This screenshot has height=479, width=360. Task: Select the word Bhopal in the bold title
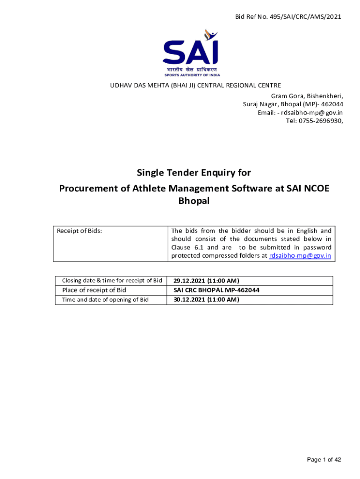194,201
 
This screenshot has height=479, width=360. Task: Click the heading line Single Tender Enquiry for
194,173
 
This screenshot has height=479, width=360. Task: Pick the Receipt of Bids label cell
79,231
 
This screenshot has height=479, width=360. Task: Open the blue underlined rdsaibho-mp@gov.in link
300,256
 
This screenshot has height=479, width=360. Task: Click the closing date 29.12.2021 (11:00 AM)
206,281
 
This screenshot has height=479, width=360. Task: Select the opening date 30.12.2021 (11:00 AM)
206,299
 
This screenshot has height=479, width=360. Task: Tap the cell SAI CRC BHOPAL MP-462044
216,290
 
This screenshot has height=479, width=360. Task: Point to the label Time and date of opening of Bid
105,299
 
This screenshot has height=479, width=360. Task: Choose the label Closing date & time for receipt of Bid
112,281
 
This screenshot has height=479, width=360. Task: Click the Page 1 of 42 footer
324,460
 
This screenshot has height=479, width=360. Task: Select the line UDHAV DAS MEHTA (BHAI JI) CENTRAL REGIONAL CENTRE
195,85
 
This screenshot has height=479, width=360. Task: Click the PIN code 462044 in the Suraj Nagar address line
332,104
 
